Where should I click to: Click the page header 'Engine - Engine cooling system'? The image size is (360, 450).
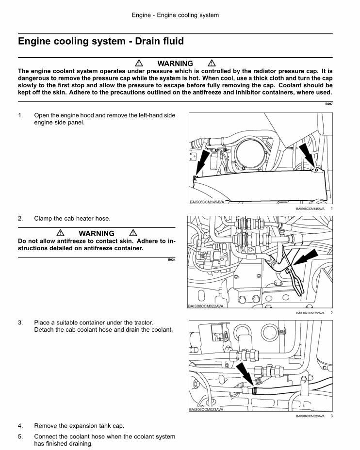[175, 15]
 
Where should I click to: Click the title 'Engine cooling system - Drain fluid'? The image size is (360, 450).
[101, 41]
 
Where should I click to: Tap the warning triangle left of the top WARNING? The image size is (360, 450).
[139, 64]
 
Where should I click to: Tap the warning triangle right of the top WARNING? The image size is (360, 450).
[212, 64]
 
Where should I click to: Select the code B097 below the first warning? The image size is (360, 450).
[328, 104]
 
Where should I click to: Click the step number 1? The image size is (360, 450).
[20, 115]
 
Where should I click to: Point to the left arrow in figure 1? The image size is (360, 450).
[202, 162]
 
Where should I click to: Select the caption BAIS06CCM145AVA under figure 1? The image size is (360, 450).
[310, 209]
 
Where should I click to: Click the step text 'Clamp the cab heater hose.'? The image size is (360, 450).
[72, 219]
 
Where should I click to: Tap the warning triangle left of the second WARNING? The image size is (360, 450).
[60, 233]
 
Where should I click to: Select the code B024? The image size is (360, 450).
[171, 260]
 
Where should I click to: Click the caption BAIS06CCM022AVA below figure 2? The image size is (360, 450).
[310, 313]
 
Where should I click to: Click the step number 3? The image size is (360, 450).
[20, 322]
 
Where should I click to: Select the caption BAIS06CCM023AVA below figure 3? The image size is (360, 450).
[310, 416]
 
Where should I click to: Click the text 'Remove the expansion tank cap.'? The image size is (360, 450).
[79, 426]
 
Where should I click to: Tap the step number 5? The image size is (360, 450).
[20, 436]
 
